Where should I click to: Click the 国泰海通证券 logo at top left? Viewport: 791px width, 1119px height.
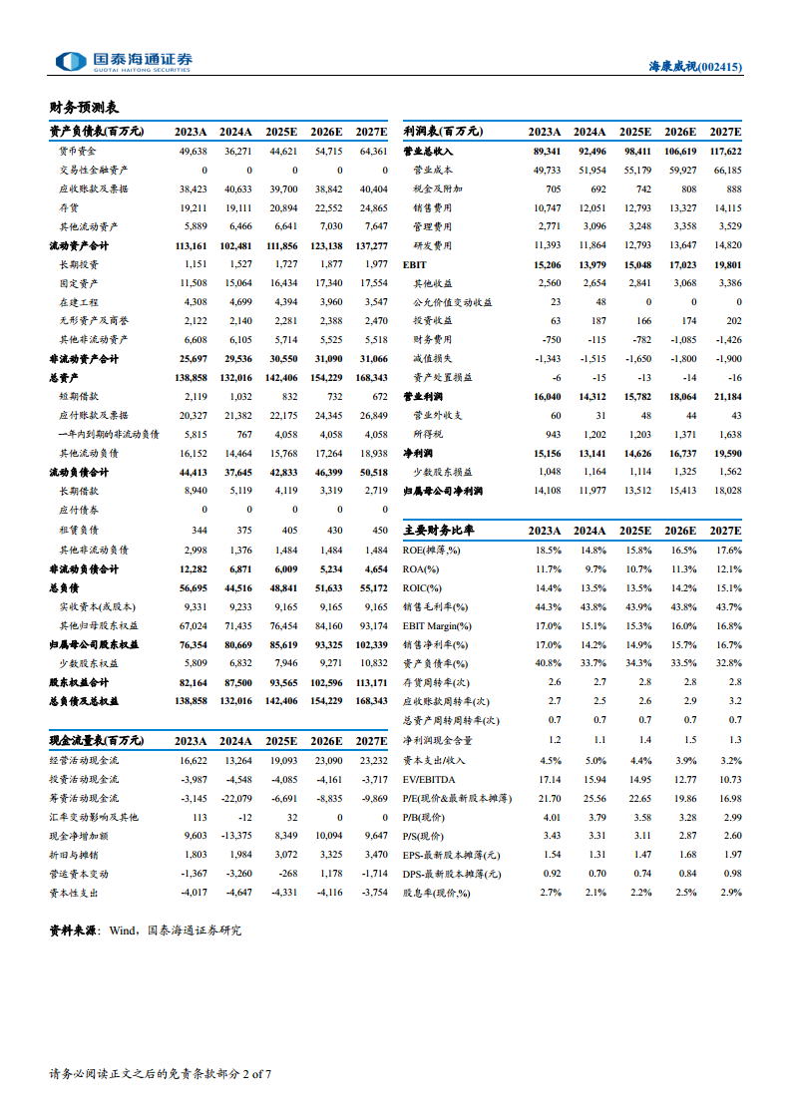[124, 61]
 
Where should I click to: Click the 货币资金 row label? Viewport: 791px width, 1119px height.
[78, 151]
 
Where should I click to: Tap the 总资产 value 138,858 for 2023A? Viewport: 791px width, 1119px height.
[190, 377]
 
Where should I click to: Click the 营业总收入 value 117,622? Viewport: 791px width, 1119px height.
[725, 151]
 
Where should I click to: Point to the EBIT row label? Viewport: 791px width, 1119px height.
[415, 264]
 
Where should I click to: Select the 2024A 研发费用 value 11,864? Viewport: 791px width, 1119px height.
[591, 245]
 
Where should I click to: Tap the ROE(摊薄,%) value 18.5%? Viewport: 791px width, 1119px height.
[548, 550]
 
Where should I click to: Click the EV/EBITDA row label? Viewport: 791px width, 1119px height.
[429, 778]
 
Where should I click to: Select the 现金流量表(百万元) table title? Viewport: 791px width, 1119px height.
[97, 740]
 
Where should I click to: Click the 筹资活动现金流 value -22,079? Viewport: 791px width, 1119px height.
[236, 798]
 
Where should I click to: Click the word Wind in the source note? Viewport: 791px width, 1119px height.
[123, 931]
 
